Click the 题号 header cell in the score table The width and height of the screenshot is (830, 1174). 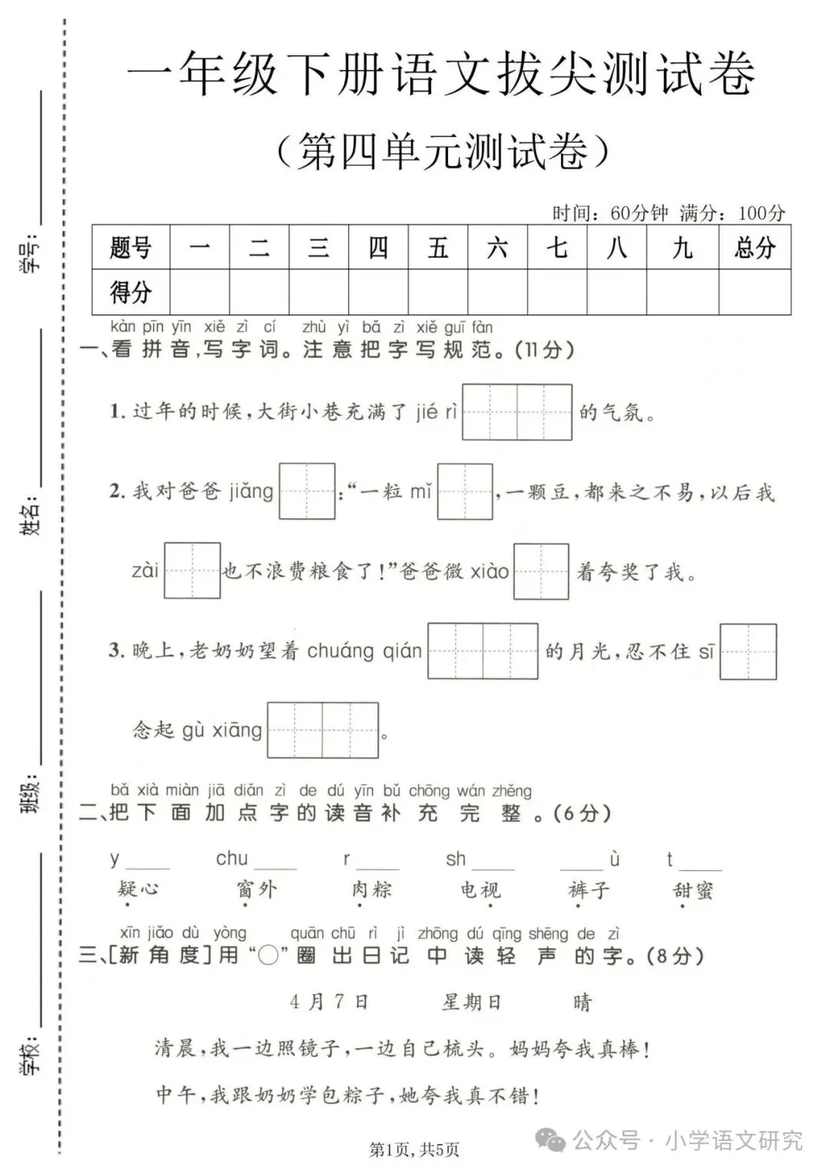tap(131, 248)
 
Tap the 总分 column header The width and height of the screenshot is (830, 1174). tap(754, 248)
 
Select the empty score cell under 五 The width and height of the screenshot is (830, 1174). tap(438, 292)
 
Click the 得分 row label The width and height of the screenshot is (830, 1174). tap(131, 292)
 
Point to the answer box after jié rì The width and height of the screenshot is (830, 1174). tap(516, 412)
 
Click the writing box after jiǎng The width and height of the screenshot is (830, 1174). tap(307, 491)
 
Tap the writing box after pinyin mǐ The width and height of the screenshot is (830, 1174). tap(465, 491)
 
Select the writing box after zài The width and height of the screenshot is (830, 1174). tap(192, 570)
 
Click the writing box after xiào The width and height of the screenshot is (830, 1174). tap(541, 571)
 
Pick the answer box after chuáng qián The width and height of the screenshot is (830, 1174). tap(483, 651)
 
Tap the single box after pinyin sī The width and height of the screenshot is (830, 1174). tap(748, 652)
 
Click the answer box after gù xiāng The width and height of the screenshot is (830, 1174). tap(323, 730)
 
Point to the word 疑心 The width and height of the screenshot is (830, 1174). tap(138, 890)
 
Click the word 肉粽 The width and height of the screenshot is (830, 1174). tap(371, 890)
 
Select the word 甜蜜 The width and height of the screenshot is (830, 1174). tap(692, 890)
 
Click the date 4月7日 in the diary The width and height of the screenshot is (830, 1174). tap(329, 1002)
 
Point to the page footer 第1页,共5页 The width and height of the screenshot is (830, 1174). tap(414, 1150)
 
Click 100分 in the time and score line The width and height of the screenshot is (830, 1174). tap(762, 213)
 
